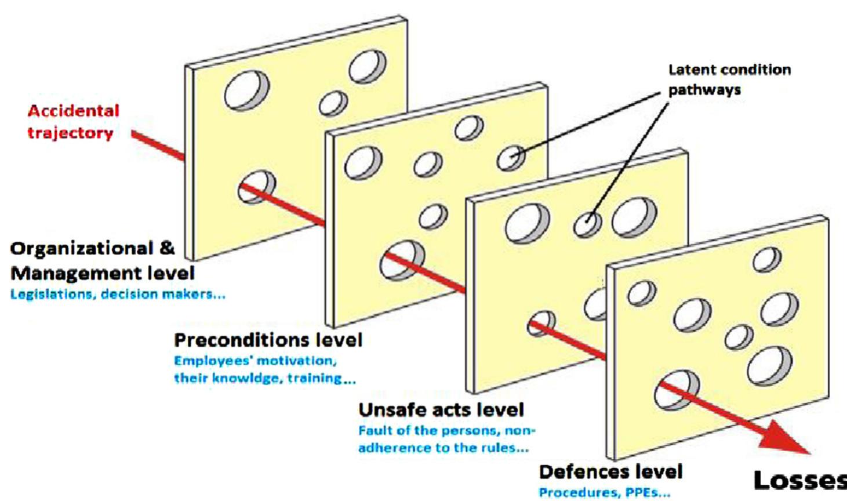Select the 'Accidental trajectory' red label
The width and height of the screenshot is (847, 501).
72,121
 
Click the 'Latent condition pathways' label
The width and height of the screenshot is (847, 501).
729,79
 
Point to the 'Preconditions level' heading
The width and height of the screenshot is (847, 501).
268,340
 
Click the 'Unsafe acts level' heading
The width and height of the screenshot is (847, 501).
441,410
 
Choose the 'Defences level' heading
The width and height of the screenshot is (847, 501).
610,471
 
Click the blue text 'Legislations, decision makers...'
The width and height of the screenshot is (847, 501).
118,294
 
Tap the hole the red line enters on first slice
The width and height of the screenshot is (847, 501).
256,186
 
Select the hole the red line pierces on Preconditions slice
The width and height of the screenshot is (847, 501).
401,260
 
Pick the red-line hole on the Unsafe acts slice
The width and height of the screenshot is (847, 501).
541,323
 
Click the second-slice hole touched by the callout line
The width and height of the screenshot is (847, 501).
511,157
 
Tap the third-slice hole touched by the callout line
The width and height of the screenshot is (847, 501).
588,223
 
